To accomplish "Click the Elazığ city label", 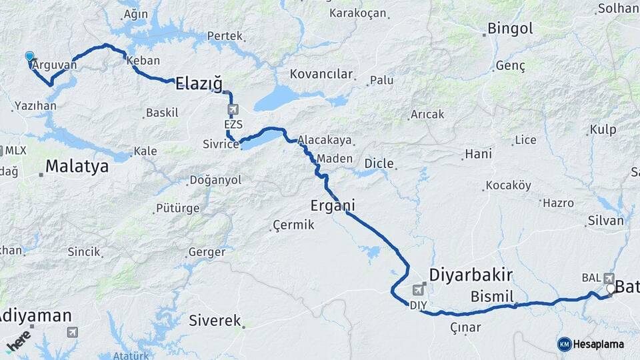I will click(x=199, y=83).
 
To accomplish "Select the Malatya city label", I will click(x=77, y=166).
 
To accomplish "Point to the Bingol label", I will click(x=510, y=29).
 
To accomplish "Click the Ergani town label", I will click(x=331, y=204).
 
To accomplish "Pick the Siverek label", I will click(x=214, y=321).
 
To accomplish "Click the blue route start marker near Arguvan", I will click(x=29, y=57).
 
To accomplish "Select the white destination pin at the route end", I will click(x=611, y=289).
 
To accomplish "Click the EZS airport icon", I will click(x=233, y=110).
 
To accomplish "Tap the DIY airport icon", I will click(x=418, y=290).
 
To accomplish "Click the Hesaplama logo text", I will click(x=598, y=344).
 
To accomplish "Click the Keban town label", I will click(x=143, y=60).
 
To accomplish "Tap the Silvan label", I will click(x=605, y=221).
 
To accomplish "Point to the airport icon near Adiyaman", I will click(x=72, y=332).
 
